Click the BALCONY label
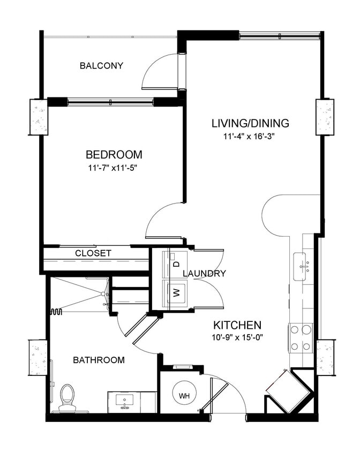point(101,66)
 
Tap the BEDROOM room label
point(114,155)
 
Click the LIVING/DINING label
point(250,123)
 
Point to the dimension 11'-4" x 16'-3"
point(250,137)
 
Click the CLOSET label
point(93,253)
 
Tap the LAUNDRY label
point(204,274)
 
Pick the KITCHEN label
point(237,325)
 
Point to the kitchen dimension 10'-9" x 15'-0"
point(237,338)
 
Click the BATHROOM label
point(99,360)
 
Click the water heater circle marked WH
point(184,396)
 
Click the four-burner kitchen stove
point(301,338)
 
